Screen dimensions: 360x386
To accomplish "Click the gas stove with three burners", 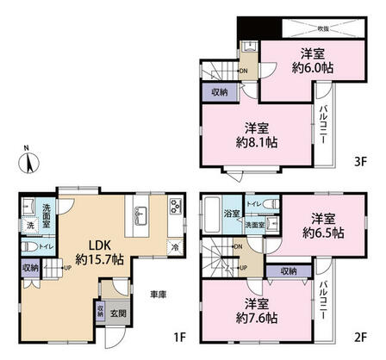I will pyautogui.click(x=176, y=208).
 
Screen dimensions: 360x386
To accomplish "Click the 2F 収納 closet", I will pyautogui.click(x=287, y=270).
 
